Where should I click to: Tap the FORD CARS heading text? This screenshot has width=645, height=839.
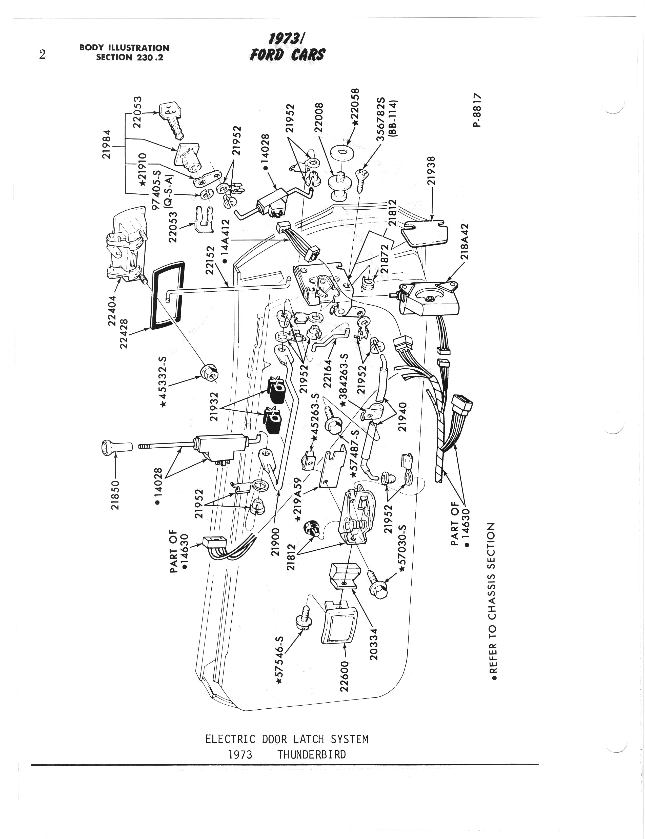coord(287,55)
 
